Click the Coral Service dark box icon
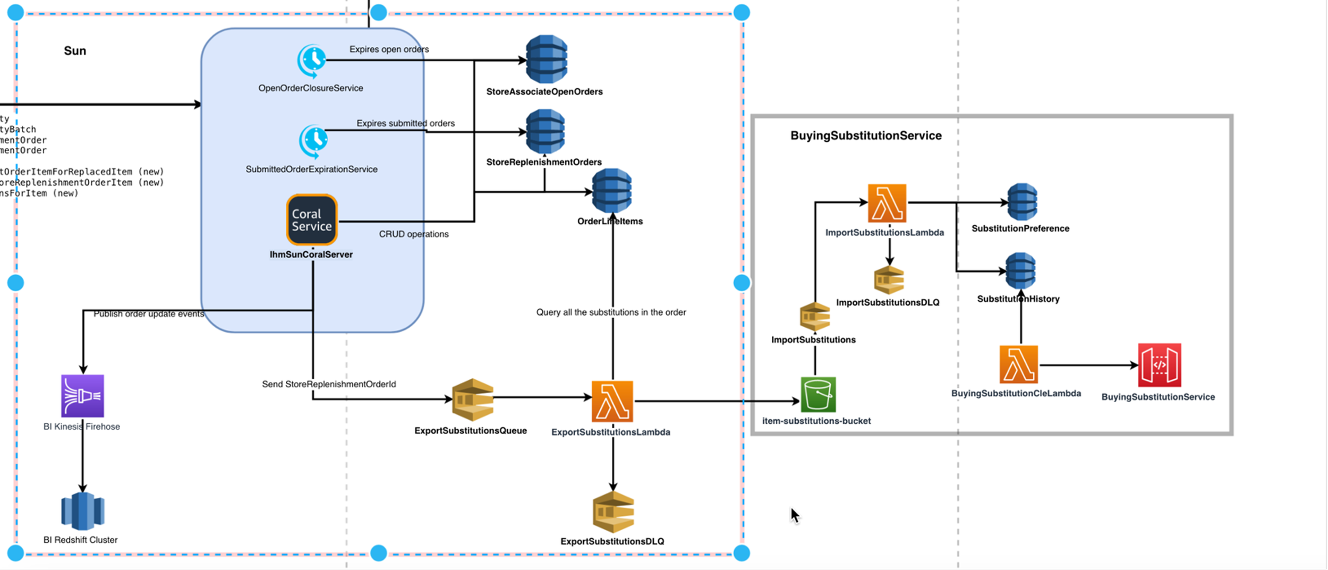[312, 220]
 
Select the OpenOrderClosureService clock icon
[312, 61]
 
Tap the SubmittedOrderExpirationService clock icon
[313, 141]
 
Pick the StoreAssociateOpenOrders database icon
[547, 59]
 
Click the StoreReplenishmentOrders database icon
[546, 131]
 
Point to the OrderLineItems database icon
[612, 190]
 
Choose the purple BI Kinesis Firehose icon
[82, 396]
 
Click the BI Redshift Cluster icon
[82, 511]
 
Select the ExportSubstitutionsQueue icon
[472, 399]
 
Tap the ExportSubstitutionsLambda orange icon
[612, 401]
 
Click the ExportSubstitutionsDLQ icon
[613, 512]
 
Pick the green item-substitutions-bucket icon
[818, 394]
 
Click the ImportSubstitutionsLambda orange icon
[887, 203]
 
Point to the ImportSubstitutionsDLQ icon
[889, 280]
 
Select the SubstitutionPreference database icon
[1022, 202]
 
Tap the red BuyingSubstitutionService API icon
[1159, 365]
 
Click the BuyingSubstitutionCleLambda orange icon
[1018, 364]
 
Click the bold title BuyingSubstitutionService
[866, 135]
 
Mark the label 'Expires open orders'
[389, 49]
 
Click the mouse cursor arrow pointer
[794, 515]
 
